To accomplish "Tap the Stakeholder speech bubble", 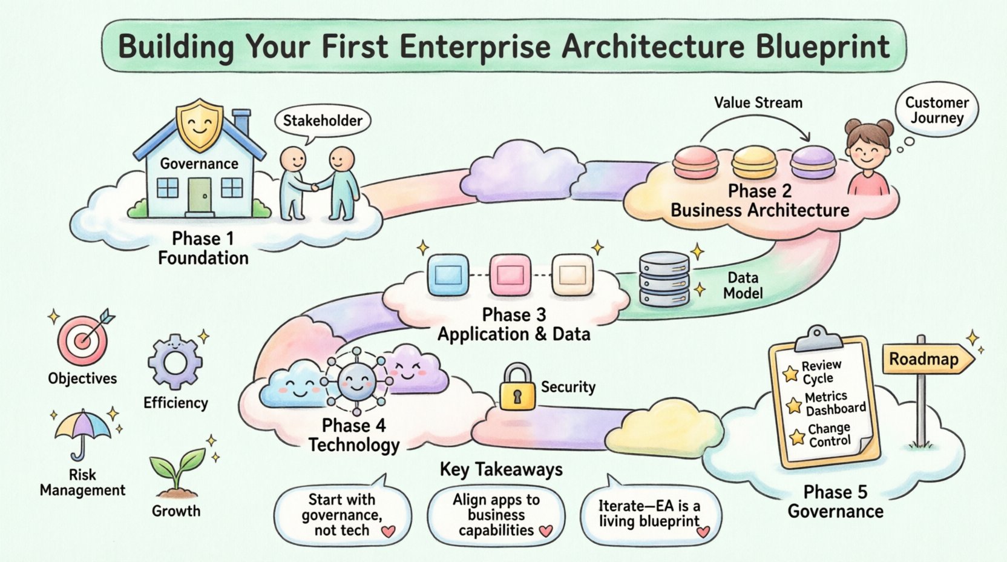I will (322, 121).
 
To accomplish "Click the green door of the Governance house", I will (200, 195).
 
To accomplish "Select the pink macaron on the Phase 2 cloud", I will (695, 162).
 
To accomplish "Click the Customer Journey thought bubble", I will (936, 110).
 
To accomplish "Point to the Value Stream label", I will (758, 103).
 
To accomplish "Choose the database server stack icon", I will (664, 279).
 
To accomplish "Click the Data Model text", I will (743, 285).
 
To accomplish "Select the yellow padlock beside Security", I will (517, 388).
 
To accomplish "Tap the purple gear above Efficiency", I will (175, 362).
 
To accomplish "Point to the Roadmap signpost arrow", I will (928, 360).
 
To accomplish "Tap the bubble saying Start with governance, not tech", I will (342, 515).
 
